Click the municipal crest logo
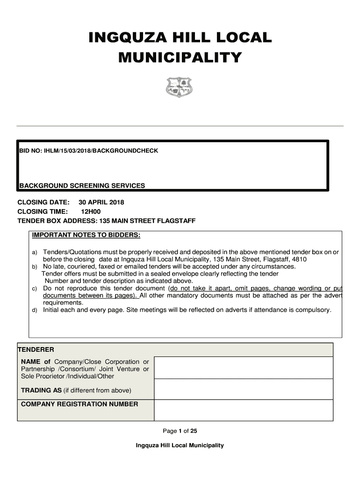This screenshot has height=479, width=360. [x=180, y=87]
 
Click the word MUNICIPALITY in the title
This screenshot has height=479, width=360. [x=180, y=58]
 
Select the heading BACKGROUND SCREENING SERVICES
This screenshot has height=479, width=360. [x=82, y=186]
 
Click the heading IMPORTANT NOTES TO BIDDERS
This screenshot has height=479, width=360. [x=86, y=234]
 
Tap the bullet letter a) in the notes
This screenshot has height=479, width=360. [x=34, y=252]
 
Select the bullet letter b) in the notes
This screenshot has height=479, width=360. [x=34, y=267]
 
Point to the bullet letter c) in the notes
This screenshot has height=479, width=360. [x=34, y=289]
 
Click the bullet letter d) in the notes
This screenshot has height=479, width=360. [x=34, y=310]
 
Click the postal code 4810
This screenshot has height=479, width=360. [x=299, y=259]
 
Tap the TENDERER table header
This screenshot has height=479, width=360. [x=36, y=349]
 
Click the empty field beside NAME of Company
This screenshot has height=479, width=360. [x=243, y=368]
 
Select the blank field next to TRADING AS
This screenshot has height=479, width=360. [x=243, y=389]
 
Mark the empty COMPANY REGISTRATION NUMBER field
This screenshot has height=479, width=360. [x=243, y=410]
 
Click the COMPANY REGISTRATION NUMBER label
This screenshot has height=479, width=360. [x=79, y=404]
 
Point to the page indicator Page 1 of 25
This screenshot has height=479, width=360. [x=180, y=431]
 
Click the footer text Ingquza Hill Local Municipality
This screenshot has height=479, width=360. [x=180, y=445]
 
